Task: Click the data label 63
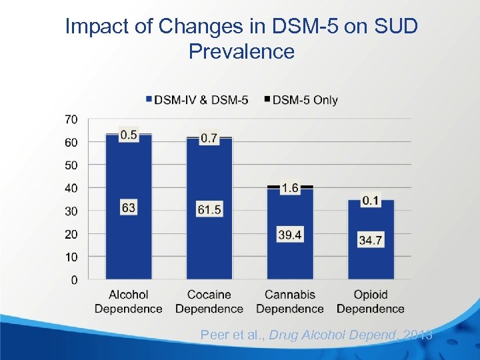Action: [129, 208]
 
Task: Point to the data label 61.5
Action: [209, 209]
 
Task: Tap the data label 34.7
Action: [371, 240]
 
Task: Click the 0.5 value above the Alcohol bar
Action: [129, 135]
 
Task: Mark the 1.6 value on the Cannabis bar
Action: [290, 189]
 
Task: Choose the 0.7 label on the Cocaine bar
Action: [209, 138]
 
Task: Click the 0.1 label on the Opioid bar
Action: [371, 200]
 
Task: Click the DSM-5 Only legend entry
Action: [301, 100]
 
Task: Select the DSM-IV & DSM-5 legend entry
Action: [197, 100]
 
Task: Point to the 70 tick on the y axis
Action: [71, 119]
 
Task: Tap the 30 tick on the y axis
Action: [71, 211]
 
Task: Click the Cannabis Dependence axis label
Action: [290, 301]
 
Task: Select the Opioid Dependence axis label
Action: [371, 301]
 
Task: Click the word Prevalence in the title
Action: [241, 51]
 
